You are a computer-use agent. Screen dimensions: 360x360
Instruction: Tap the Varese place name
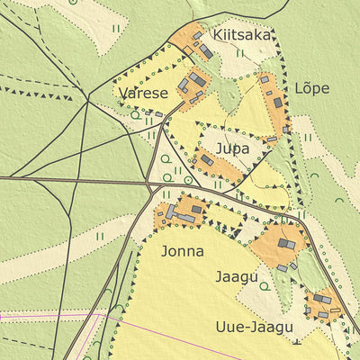pyautogui.click(x=142, y=93)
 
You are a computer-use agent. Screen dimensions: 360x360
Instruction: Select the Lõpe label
pyautogui.click(x=311, y=88)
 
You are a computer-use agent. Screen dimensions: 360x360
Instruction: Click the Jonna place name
pyautogui.click(x=182, y=251)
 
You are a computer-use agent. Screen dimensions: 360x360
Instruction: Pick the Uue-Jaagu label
pyautogui.click(x=254, y=326)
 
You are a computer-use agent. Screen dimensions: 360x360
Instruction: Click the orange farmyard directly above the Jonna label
pyautogui.click(x=181, y=213)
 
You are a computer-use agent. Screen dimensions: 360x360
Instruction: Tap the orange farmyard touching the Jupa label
pyautogui.click(x=217, y=166)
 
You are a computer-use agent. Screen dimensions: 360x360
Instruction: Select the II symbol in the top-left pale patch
pyautogui.click(x=114, y=29)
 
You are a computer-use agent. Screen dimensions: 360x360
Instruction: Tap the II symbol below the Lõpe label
pyautogui.click(x=308, y=138)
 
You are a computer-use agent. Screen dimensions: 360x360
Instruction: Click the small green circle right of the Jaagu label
pyautogui.click(x=265, y=286)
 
